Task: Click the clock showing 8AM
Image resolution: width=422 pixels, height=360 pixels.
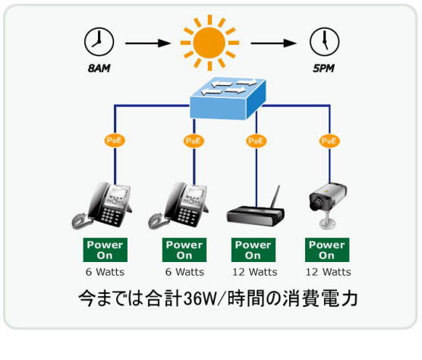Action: pos(99,42)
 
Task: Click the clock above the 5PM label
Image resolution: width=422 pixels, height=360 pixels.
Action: pos(324,42)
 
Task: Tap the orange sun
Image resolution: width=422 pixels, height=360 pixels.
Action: pos(209,43)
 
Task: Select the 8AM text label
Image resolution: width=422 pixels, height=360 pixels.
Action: pos(99,68)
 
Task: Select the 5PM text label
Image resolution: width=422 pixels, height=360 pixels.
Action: pos(323,68)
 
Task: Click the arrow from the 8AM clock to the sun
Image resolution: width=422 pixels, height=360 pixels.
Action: pos(148,43)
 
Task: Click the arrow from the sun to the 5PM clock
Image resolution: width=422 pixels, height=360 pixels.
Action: pos(273,43)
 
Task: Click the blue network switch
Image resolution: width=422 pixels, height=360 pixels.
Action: pos(228,99)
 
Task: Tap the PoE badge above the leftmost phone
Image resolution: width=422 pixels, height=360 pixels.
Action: pos(115,141)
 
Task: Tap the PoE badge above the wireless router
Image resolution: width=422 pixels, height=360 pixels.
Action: pos(256,141)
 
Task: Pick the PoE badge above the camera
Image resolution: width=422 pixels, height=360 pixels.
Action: pos(329,141)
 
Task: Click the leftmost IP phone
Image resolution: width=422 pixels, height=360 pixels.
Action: pos(102,205)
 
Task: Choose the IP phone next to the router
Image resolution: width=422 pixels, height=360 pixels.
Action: pos(178,205)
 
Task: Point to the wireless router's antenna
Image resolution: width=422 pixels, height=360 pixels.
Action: pos(276,197)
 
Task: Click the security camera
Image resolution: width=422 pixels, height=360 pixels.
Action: pos(328,204)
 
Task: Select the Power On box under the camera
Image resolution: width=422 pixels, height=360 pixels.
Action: pos(327,250)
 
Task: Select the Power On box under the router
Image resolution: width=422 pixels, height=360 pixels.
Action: pos(254,250)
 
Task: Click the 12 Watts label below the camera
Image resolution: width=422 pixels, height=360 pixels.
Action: pos(328,272)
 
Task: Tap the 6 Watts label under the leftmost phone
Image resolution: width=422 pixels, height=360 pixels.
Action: pos(105,272)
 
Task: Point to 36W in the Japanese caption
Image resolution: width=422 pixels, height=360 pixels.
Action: pos(200,298)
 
